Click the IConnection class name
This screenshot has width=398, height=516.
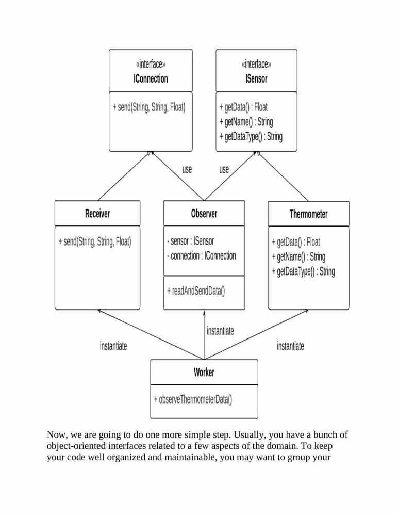151,78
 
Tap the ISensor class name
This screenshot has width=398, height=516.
256,78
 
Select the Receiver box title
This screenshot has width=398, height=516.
97,214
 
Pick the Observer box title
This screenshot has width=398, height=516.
204,214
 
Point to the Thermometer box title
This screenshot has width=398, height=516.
308,214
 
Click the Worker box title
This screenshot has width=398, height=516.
204,373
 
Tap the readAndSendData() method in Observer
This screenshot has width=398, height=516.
196,291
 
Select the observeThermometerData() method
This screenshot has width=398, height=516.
193,400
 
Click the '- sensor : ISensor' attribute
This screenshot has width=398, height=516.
190,241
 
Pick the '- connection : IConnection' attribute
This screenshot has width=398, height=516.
201,256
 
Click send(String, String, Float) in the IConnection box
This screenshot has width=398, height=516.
149,107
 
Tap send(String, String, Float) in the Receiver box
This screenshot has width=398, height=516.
95,242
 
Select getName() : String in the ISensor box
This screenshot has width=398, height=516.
246,122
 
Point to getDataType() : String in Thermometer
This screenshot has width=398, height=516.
303,272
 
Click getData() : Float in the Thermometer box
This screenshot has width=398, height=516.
296,243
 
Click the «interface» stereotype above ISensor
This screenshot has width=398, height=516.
256,64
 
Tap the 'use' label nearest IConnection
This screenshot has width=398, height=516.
187,169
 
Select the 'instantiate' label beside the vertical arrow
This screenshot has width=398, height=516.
220,331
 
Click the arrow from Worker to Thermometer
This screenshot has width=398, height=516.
256,335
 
